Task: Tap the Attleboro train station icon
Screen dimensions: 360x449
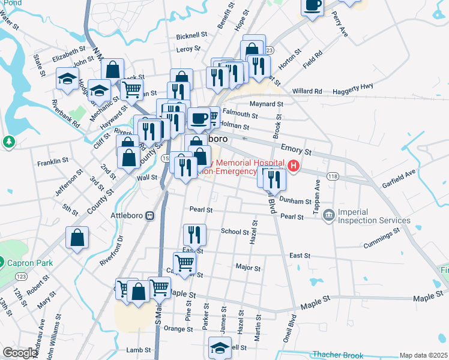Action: click(150, 215)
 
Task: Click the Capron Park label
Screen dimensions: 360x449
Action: click(30, 263)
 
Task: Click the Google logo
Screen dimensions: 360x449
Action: click(19, 353)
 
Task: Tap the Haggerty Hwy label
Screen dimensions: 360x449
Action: click(351, 87)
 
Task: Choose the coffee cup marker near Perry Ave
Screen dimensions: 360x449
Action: click(313, 6)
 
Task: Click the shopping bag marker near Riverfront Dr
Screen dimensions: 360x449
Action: click(78, 238)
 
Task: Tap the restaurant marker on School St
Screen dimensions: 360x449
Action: click(194, 234)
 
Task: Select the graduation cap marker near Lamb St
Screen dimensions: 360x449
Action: click(220, 347)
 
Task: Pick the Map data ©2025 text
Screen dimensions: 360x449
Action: click(423, 355)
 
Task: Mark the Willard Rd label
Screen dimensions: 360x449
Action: click(307, 92)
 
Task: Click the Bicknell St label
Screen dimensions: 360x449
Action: click(191, 36)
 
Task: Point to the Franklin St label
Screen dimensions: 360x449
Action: click(53, 163)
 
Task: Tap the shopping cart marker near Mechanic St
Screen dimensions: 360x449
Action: click(132, 90)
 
